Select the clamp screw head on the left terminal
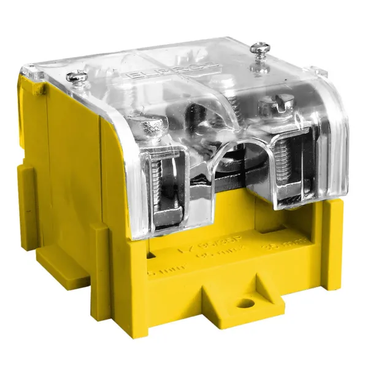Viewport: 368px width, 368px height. (x=151, y=128)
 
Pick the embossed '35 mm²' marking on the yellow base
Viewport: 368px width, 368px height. (x=277, y=249)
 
